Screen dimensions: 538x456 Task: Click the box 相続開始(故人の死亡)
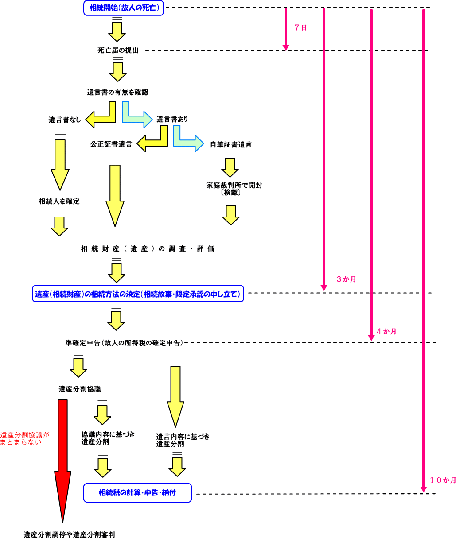pyautogui.click(x=124, y=8)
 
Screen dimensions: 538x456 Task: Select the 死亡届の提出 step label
pyautogui.click(x=118, y=50)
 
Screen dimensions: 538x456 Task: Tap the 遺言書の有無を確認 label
pyautogui.click(x=117, y=93)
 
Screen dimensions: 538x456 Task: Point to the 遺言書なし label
pyautogui.click(x=65, y=120)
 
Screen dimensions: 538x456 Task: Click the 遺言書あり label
pyautogui.click(x=172, y=119)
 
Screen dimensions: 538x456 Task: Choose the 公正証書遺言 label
pyautogui.click(x=111, y=144)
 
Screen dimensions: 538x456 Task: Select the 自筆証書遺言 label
pyautogui.click(x=230, y=144)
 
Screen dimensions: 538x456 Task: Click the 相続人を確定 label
pyautogui.click(x=59, y=201)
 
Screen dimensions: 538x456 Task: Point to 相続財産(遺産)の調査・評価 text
pyautogui.click(x=148, y=249)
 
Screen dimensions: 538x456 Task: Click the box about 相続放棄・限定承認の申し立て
pyautogui.click(x=138, y=294)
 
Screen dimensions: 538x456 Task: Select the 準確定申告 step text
pyautogui.click(x=124, y=343)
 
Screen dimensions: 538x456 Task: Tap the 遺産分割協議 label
pyautogui.click(x=80, y=389)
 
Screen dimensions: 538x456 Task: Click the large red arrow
pyautogui.click(x=63, y=461)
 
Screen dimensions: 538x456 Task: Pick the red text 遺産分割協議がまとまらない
pyautogui.click(x=24, y=438)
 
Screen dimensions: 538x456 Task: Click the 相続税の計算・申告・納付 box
pyautogui.click(x=137, y=493)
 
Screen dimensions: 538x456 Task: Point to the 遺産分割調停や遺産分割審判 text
pyautogui.click(x=69, y=534)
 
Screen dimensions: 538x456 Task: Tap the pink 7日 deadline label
pyautogui.click(x=300, y=27)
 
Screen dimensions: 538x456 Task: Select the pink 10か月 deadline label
pyautogui.click(x=443, y=480)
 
